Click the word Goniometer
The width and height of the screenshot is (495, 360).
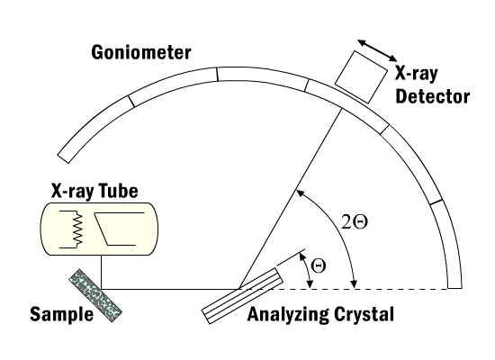[141, 53]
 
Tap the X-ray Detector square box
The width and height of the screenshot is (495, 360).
[361, 77]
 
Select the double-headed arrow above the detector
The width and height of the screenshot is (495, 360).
[377, 50]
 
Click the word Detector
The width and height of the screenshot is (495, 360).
[433, 96]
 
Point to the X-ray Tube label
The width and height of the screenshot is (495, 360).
[94, 191]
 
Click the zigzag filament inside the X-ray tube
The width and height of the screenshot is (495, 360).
[77, 229]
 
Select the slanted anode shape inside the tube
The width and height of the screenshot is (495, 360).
[120, 229]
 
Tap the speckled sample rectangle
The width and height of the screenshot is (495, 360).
[95, 295]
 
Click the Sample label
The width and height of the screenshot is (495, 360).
[61, 314]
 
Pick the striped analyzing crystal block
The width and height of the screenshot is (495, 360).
[242, 295]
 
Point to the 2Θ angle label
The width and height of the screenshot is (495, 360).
[355, 222]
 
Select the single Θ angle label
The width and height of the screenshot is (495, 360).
[319, 265]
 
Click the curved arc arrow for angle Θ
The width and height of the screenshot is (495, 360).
[307, 270]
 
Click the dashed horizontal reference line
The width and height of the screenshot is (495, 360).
[344, 289]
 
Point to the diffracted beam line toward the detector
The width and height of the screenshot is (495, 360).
[291, 199]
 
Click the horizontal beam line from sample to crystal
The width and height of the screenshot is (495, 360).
[170, 289]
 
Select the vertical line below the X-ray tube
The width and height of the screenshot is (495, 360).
[102, 272]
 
